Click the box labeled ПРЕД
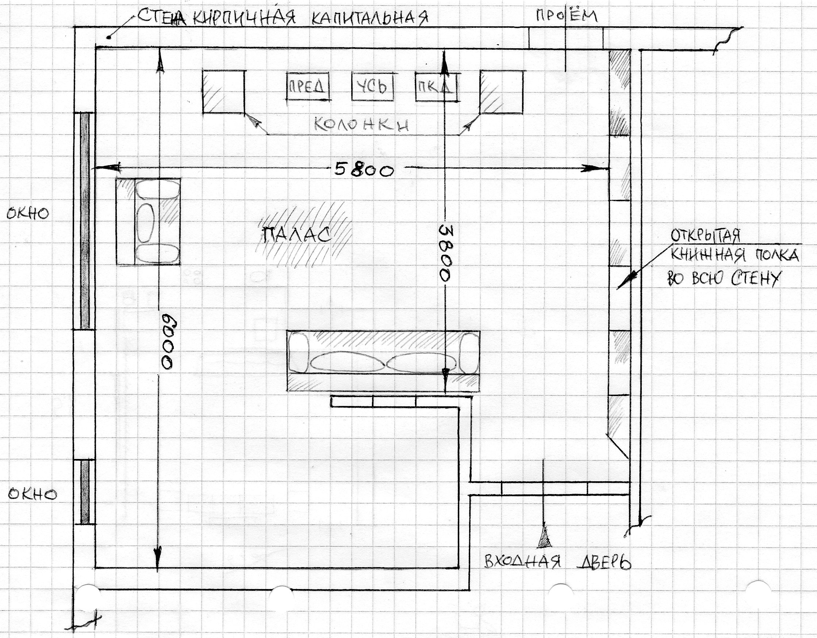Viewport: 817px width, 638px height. click(308, 87)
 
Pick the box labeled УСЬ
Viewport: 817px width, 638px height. click(373, 86)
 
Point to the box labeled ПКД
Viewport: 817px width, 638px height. click(437, 87)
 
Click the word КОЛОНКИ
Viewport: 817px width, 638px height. click(361, 124)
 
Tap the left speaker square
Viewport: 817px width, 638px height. click(224, 91)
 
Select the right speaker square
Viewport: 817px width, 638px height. click(501, 91)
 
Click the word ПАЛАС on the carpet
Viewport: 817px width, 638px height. click(298, 235)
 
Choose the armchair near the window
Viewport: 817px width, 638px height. click(149, 222)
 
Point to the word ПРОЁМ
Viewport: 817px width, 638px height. click(566, 16)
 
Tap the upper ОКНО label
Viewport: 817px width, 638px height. click(28, 213)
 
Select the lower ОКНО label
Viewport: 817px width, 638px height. click(32, 494)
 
